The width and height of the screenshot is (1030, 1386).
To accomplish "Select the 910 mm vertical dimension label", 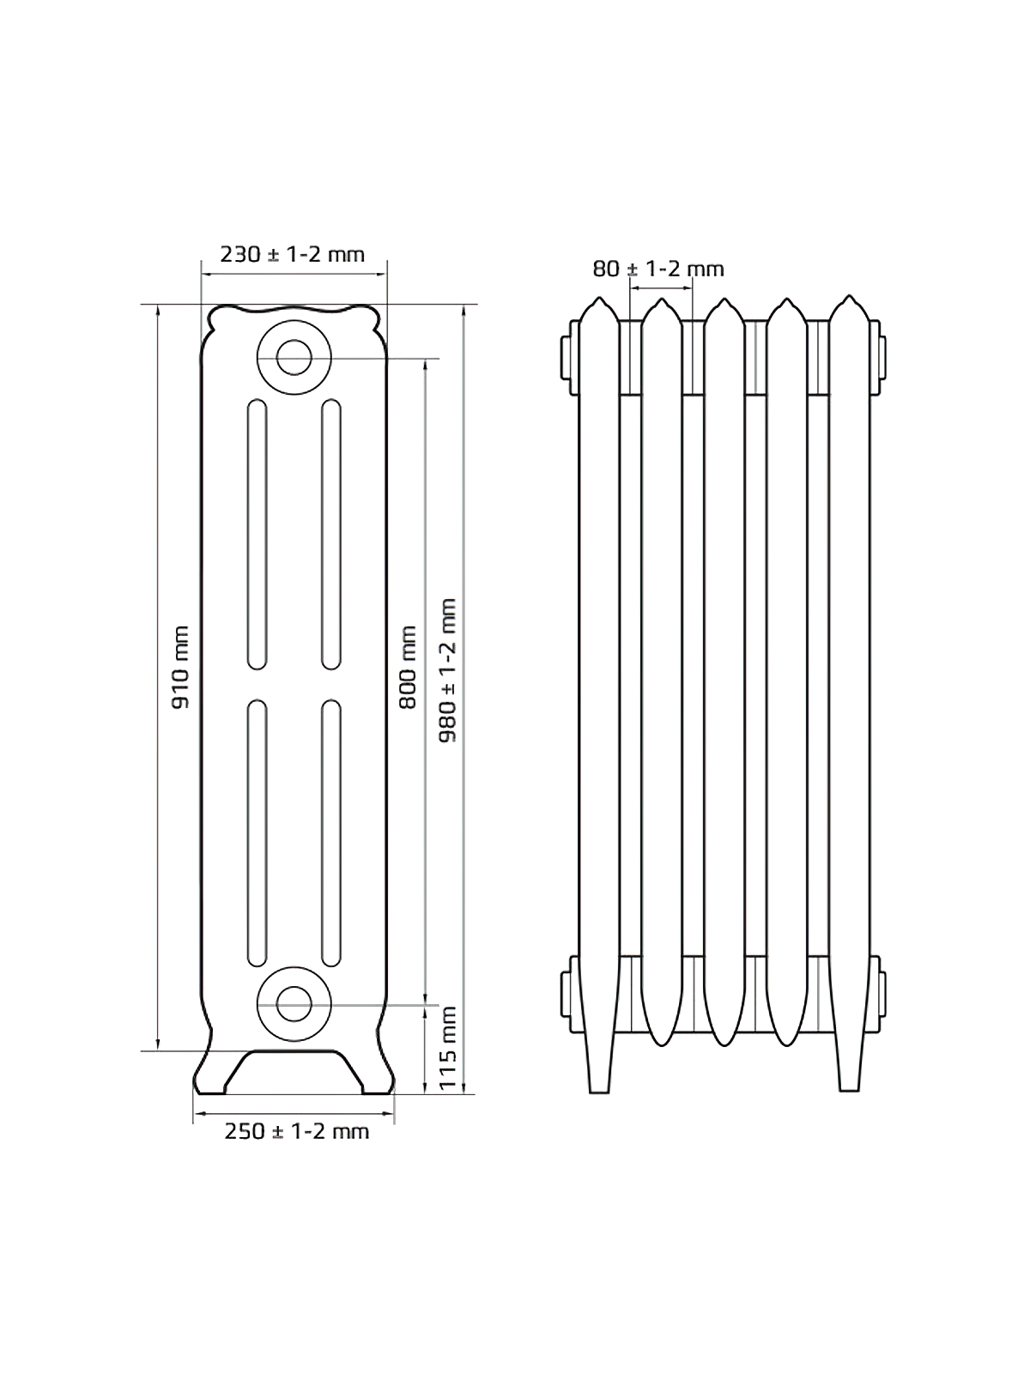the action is [x=180, y=668].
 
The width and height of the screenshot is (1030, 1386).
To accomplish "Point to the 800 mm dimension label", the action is [x=408, y=668].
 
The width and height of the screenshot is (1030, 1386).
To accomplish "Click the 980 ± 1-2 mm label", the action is [x=448, y=670].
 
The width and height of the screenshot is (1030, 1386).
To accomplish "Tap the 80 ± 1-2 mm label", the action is [x=658, y=269].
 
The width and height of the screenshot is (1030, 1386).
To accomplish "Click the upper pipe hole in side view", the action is [x=294, y=357].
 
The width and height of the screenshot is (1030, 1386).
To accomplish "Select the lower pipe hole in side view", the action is [x=294, y=1003].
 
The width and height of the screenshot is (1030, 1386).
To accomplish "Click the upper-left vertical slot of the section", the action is [x=257, y=535].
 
